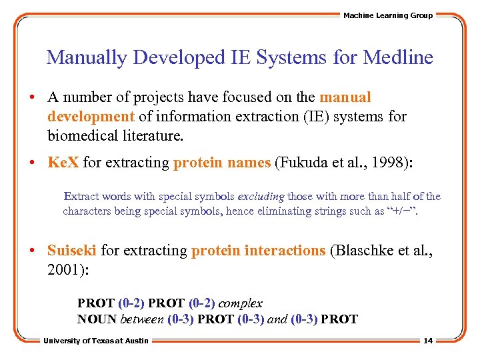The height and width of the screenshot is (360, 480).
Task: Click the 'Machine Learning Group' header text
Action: tap(387, 15)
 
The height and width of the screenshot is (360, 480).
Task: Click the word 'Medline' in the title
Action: tap(398, 57)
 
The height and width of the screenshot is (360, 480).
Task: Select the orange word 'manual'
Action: tap(345, 97)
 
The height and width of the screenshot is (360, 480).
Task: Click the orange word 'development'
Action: tap(91, 116)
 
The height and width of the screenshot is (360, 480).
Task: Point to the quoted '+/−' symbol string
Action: tap(404, 211)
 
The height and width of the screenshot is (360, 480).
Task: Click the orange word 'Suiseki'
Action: tap(72, 250)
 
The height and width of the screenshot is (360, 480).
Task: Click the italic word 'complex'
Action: tap(241, 303)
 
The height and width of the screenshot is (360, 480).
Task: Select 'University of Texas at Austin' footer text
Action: tap(96, 341)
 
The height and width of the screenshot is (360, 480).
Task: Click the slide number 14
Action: tap(428, 341)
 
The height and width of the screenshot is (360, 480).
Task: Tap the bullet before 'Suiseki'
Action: tap(33, 251)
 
